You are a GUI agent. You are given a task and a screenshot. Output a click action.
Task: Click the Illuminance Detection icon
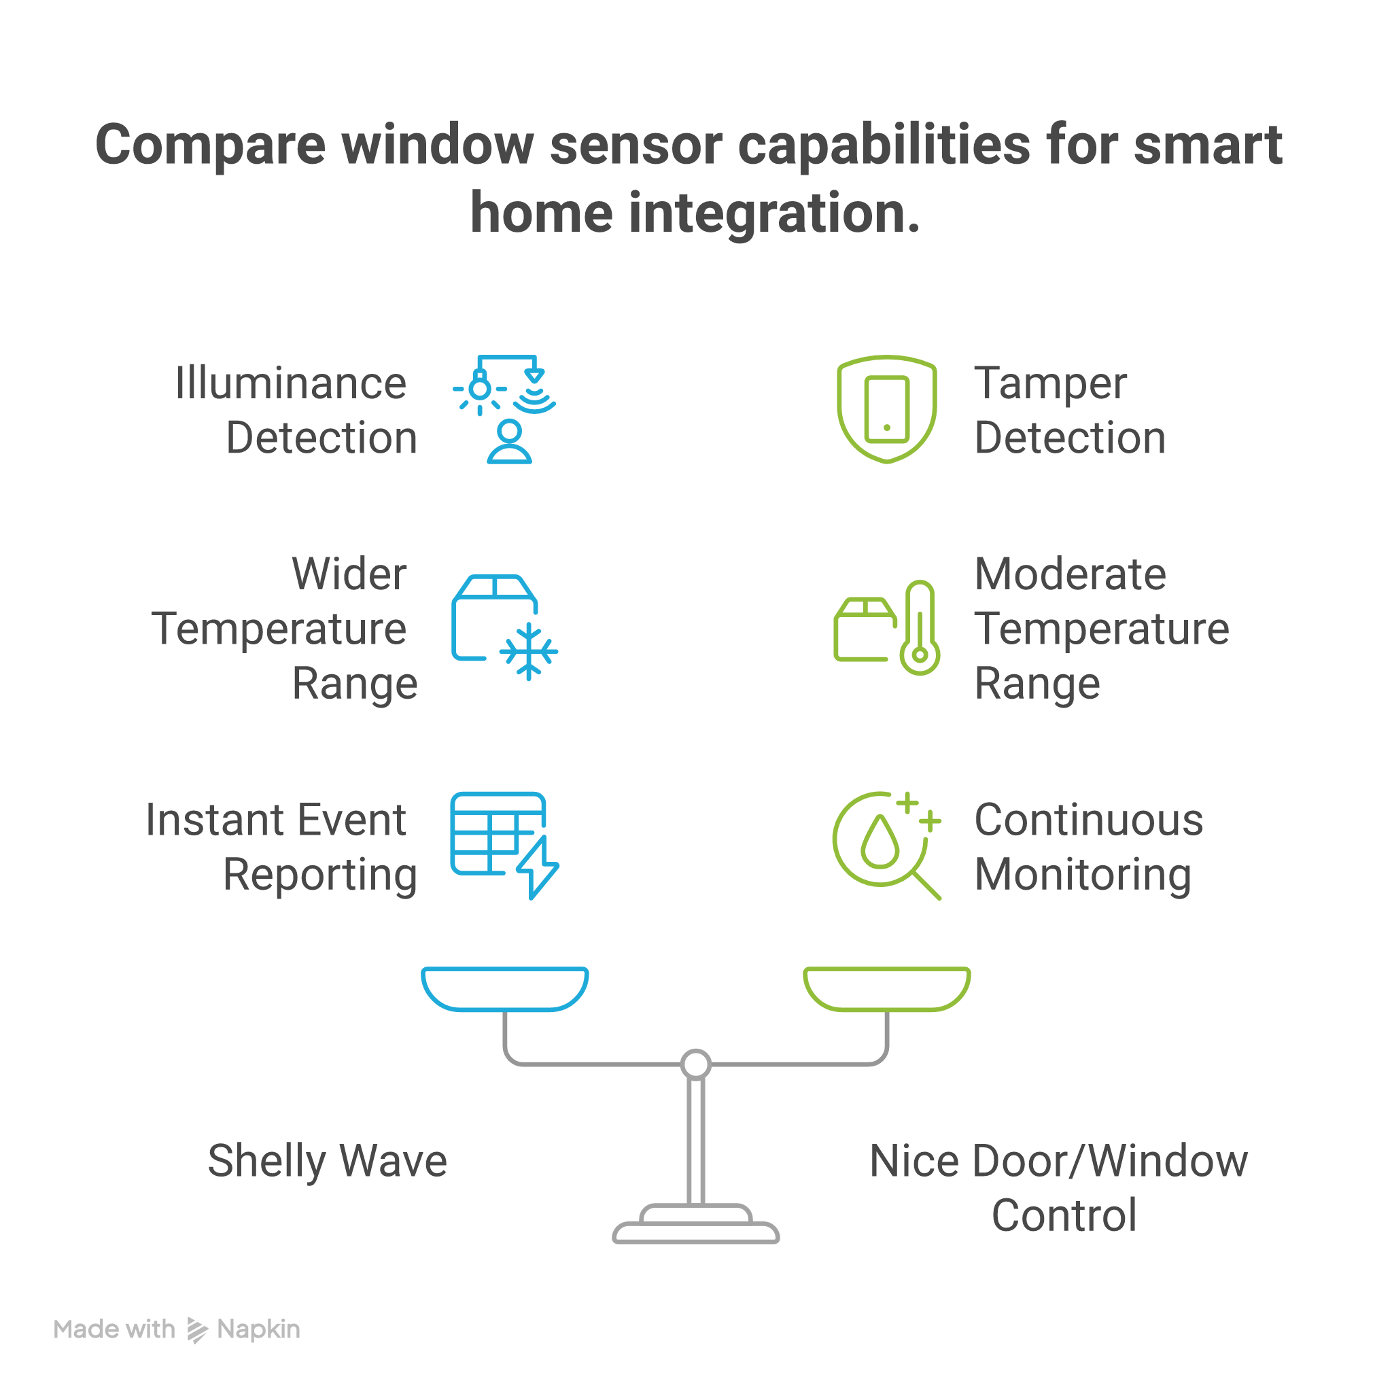click(x=504, y=409)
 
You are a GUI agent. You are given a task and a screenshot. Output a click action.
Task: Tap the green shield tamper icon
click(x=886, y=408)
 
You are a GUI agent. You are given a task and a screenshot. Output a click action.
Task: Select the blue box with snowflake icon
click(x=504, y=627)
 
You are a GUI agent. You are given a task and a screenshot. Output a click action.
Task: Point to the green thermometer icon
click(x=920, y=627)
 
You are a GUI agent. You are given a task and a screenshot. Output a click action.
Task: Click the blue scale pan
click(x=504, y=988)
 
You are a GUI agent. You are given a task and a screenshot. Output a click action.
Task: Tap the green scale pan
click(x=886, y=988)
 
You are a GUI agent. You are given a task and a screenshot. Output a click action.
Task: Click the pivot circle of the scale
click(x=696, y=1064)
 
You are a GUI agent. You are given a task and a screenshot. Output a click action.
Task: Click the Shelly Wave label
click(x=327, y=1162)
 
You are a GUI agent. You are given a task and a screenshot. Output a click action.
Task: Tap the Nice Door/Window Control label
click(x=1058, y=1188)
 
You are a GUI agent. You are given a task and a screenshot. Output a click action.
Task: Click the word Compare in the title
click(x=211, y=146)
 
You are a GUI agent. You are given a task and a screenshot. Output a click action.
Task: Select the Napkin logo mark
click(x=196, y=1330)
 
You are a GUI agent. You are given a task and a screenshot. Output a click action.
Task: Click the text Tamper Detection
click(x=1069, y=410)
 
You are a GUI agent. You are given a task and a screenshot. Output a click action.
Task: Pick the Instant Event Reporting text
click(x=281, y=848)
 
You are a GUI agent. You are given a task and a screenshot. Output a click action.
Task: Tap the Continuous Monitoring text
click(x=1088, y=848)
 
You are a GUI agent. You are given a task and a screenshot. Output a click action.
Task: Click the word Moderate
click(x=1070, y=574)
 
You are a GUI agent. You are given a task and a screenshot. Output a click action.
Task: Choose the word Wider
click(x=349, y=574)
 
